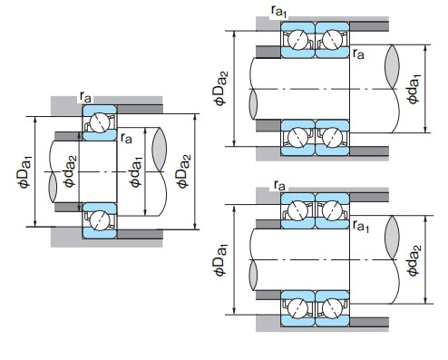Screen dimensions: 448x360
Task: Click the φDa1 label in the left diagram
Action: (x=24, y=171)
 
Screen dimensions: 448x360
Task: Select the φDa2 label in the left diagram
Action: (x=184, y=171)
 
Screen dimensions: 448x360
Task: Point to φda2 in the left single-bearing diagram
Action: (x=69, y=171)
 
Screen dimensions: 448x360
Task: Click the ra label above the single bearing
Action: (x=85, y=97)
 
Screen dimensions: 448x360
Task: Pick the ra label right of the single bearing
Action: (x=126, y=138)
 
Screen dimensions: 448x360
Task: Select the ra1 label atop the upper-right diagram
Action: (x=278, y=12)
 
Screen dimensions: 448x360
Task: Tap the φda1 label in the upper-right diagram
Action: (x=414, y=89)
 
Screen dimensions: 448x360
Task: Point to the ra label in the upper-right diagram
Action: (x=358, y=54)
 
